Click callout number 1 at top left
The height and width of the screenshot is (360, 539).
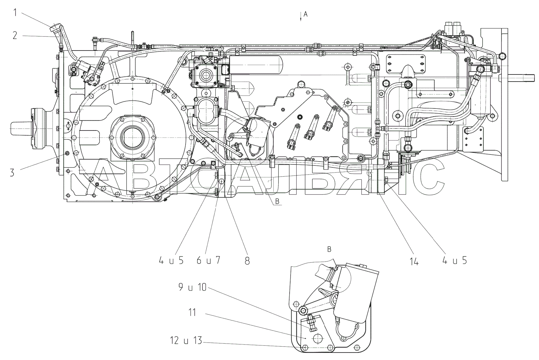tap(15, 13)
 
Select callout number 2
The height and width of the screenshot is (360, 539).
tap(15, 36)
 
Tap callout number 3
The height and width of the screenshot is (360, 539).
tap(12, 173)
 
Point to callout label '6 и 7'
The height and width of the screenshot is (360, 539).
tap(208, 260)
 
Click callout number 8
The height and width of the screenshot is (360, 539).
tap(247, 261)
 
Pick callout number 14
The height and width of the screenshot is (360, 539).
tap(414, 261)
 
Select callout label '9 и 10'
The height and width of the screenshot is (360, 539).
tap(192, 287)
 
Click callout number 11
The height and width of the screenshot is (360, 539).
tap(192, 312)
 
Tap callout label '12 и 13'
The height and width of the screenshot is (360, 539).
tap(186, 340)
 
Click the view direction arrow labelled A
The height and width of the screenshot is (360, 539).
tap(301, 17)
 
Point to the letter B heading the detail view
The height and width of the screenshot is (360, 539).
tap(329, 249)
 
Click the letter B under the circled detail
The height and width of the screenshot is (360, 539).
tap(277, 201)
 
